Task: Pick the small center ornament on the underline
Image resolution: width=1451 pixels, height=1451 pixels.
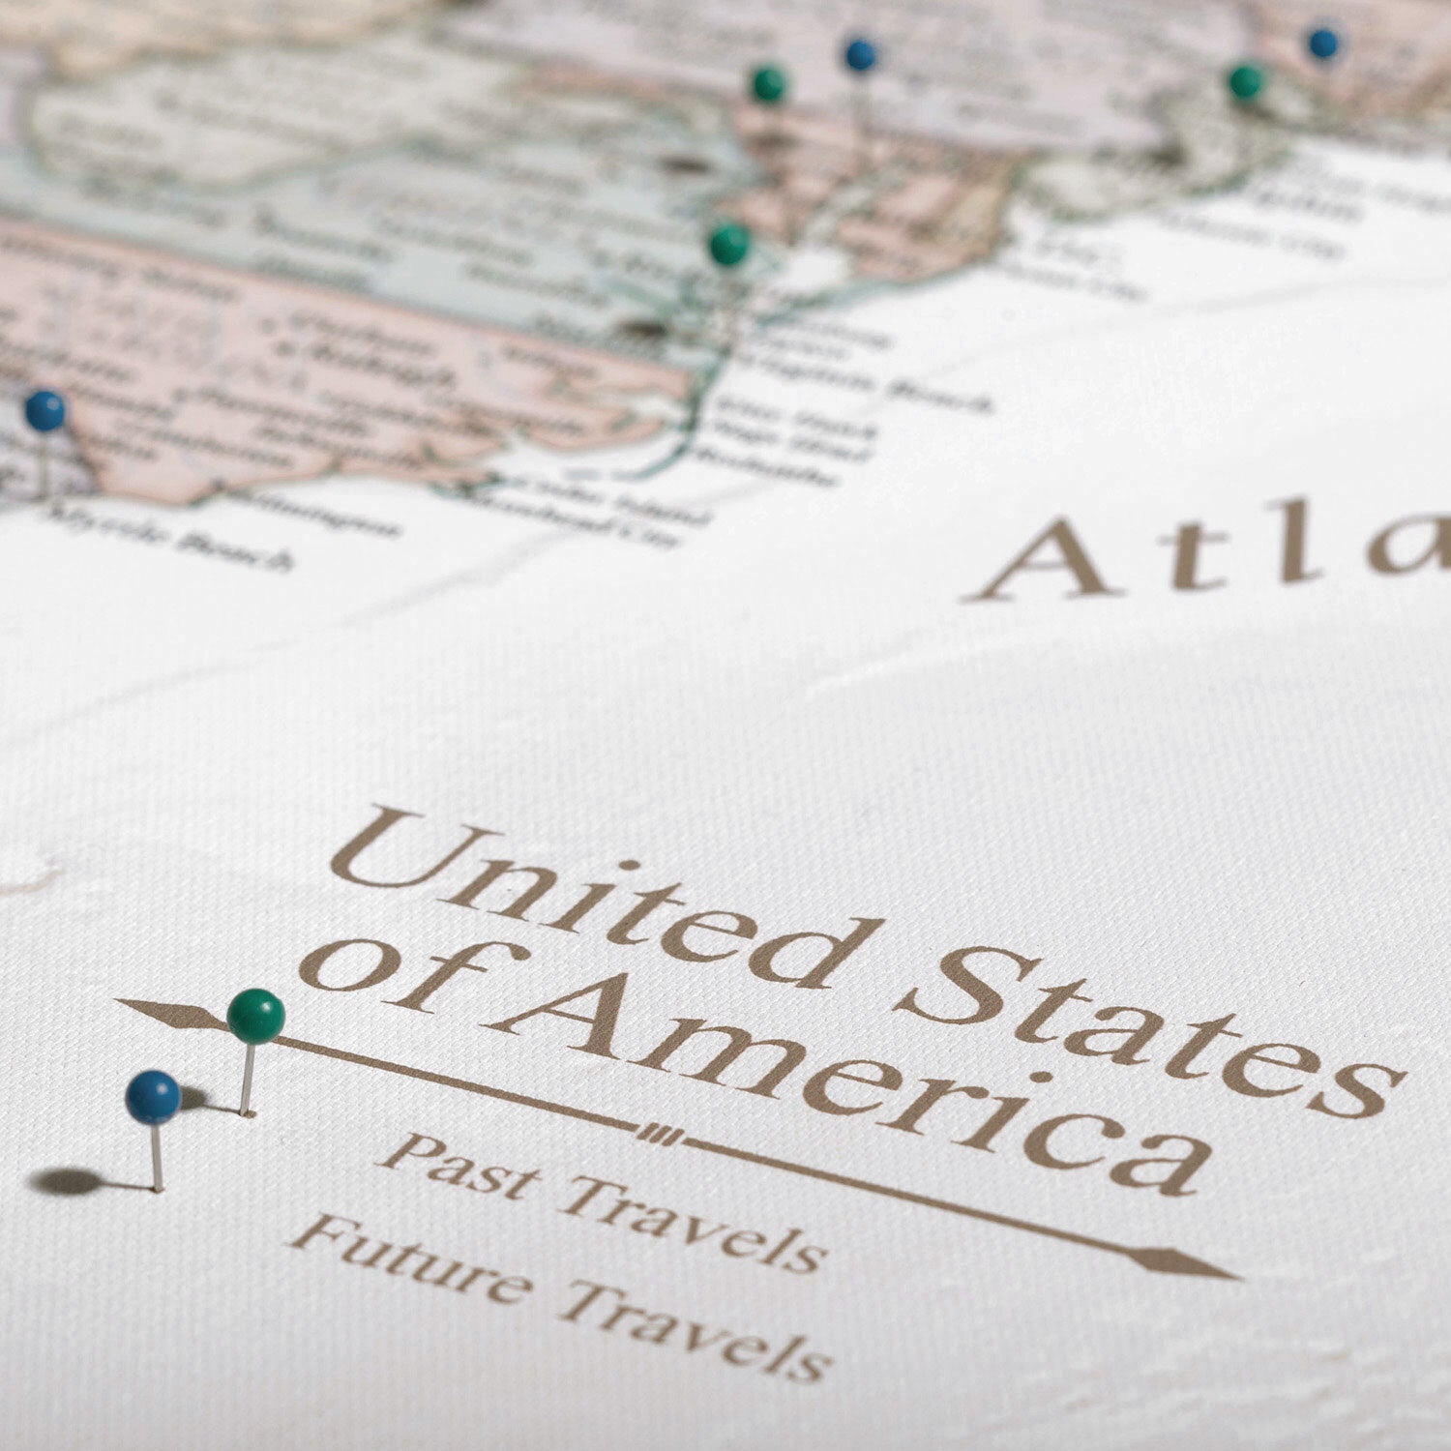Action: pos(661,1134)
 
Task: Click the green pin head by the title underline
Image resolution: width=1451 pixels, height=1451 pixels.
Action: pos(256,1016)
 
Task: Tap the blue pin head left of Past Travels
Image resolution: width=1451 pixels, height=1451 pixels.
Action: pos(153,1097)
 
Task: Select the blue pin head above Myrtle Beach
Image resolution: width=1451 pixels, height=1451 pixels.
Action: pos(44,410)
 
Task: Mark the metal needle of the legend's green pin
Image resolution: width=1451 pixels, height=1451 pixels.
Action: pos(248,1079)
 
